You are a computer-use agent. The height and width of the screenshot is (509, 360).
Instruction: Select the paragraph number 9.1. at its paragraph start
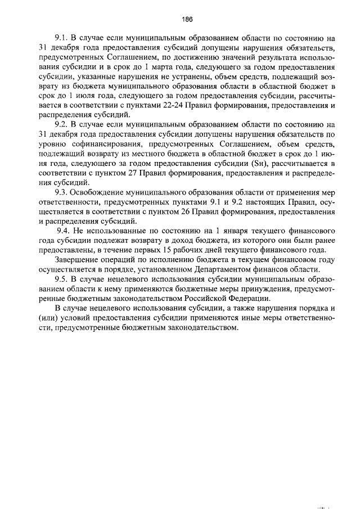click(62, 37)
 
